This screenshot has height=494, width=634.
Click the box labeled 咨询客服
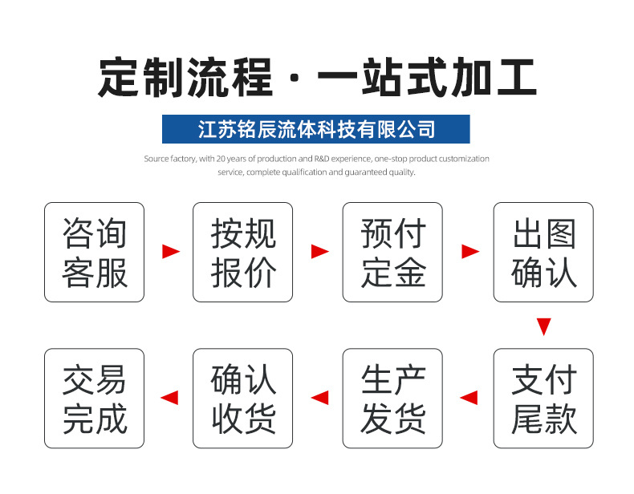94,252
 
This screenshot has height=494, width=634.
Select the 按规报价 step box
242,252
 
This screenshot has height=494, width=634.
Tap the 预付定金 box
392,252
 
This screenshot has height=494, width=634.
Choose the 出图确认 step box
543,252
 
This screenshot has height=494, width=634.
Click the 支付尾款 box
543,399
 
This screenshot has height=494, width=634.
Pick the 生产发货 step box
392,399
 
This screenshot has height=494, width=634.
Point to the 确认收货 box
242,399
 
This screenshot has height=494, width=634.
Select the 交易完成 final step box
94,399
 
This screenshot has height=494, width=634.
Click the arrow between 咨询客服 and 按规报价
171,251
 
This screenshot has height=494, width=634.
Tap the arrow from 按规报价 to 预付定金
320,251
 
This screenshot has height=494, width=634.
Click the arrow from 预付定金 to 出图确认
470,251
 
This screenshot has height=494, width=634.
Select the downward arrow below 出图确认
544,326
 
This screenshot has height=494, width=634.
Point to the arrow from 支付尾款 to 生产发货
469,398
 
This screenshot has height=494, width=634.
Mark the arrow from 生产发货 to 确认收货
320,398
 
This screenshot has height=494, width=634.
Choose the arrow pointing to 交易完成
169,398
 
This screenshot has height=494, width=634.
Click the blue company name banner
315,129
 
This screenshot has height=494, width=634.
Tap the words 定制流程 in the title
185,77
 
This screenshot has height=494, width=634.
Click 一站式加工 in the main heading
428,77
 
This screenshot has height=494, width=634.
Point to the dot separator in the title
295,77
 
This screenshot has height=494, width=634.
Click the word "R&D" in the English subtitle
322,159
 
